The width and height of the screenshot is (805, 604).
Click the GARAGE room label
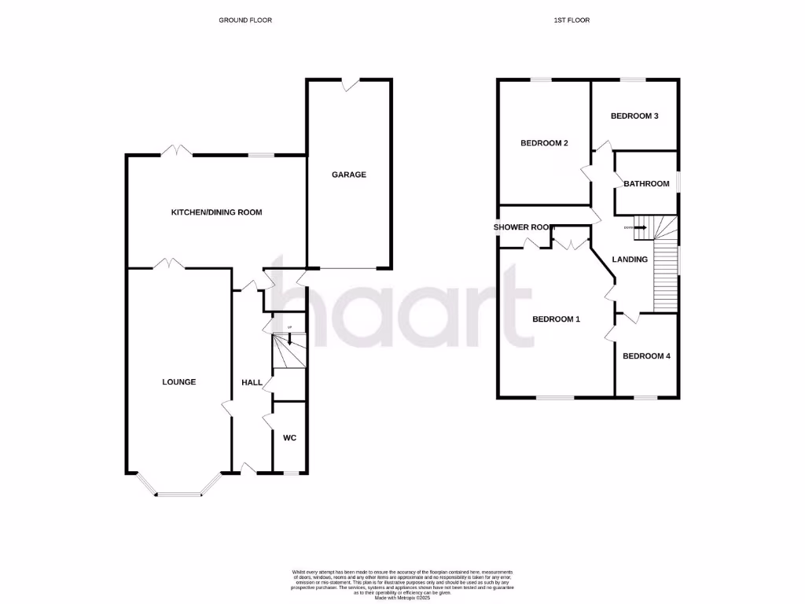[348, 175]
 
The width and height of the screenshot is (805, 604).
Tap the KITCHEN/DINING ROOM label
[217, 212]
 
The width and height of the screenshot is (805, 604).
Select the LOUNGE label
[178, 382]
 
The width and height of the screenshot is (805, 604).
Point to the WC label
[289, 438]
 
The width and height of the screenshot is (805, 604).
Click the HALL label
[252, 382]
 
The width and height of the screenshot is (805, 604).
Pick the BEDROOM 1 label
[556, 319]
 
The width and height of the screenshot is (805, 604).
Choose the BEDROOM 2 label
[544, 143]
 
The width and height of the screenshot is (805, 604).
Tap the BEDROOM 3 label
[634, 116]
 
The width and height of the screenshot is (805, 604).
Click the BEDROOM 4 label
[646, 356]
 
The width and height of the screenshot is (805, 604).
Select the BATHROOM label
[646, 184]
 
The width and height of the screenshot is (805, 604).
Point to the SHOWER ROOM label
[524, 227]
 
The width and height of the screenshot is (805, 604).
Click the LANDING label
[630, 260]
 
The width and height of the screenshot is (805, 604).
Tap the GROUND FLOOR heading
[245, 20]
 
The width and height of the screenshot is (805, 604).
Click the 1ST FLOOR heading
[572, 20]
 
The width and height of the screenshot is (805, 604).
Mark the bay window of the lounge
[178, 492]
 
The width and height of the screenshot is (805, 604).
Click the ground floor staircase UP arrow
[290, 339]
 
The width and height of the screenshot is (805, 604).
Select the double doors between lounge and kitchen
[169, 264]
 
